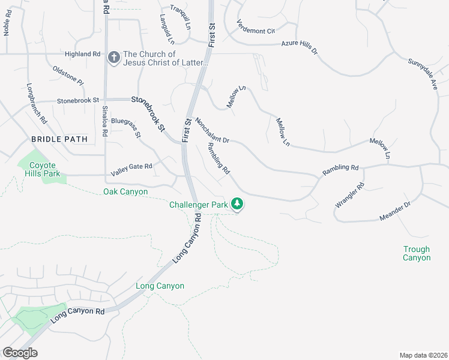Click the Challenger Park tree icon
(238, 205)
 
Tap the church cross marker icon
(113, 58)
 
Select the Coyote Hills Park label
(43, 169)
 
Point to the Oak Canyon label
(125, 191)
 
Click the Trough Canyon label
(417, 253)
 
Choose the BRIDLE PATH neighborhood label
(59, 139)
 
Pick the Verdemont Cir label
(255, 28)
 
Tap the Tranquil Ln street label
(179, 9)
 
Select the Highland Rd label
(82, 53)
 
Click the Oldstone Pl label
(68, 76)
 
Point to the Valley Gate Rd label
(131, 166)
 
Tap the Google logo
(20, 352)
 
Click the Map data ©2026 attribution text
(423, 355)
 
